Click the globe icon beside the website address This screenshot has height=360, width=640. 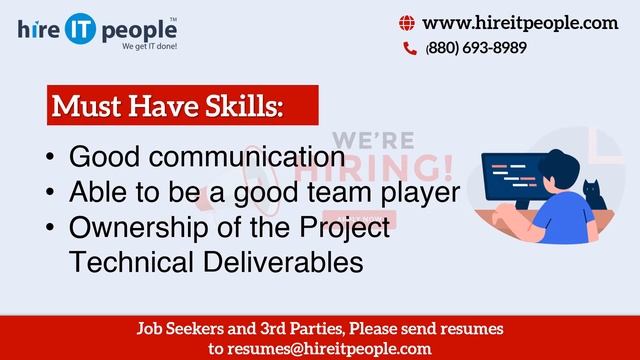[407, 24]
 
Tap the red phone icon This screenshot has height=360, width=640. [409, 48]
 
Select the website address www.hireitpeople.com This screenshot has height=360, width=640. [520, 24]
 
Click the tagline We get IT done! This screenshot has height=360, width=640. [149, 47]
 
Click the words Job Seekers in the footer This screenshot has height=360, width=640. [174, 329]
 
